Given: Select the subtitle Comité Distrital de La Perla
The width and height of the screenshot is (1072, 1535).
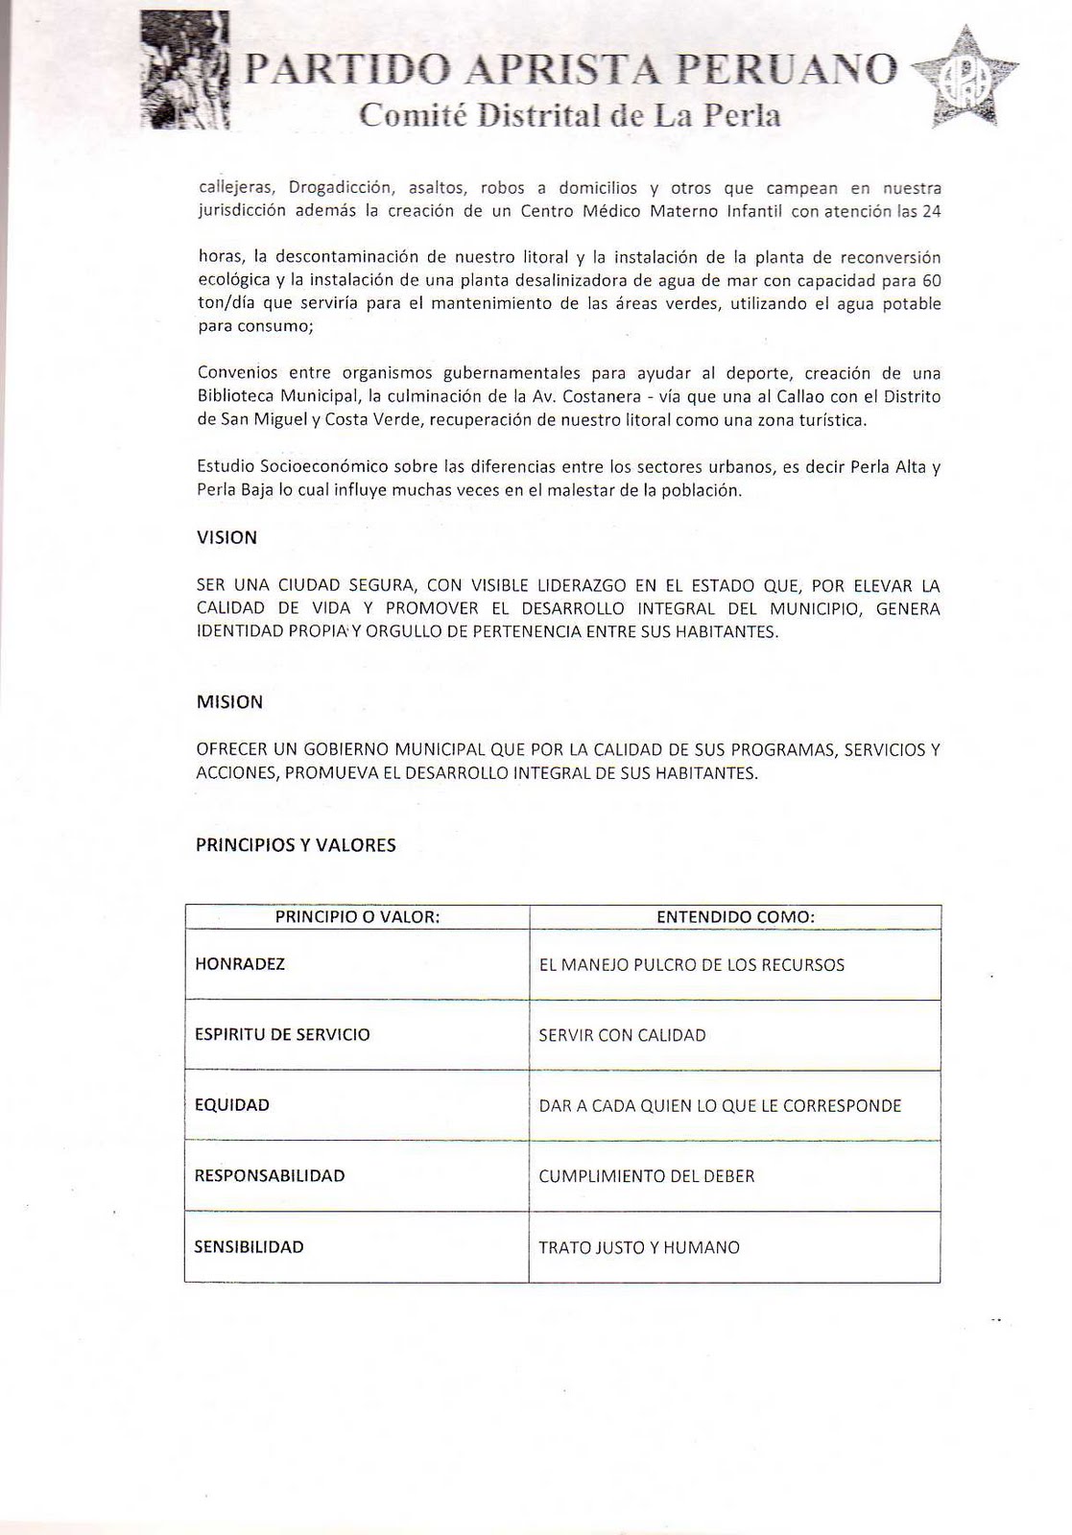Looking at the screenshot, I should [569, 116].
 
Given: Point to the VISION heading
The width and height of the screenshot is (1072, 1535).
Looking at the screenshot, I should [226, 538].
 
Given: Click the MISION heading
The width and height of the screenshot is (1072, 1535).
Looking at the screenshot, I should [229, 702].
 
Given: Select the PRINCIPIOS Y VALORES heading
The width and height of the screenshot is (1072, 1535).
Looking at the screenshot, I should [296, 845].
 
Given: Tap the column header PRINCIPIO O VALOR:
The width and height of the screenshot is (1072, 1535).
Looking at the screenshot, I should [357, 916].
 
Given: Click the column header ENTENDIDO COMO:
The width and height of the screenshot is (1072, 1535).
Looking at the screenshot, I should [735, 917].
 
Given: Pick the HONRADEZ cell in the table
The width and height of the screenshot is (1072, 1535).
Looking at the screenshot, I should [240, 964].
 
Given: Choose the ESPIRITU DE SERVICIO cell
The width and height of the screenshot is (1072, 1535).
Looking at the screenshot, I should [282, 1034].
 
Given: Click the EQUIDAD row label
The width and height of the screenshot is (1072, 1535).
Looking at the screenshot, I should [232, 1105].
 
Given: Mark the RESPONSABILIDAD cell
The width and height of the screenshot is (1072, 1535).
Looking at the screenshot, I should [270, 1175].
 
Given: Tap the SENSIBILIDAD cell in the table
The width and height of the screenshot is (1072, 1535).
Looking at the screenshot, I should [250, 1247].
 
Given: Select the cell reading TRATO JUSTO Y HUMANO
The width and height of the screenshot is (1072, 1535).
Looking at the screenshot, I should [639, 1248].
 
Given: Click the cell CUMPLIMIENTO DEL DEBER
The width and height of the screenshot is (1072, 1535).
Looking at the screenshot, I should [647, 1176].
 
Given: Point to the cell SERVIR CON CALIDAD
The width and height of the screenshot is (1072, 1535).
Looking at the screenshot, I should [622, 1035].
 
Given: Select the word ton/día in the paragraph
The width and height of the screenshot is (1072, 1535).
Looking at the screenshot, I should [224, 304].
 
